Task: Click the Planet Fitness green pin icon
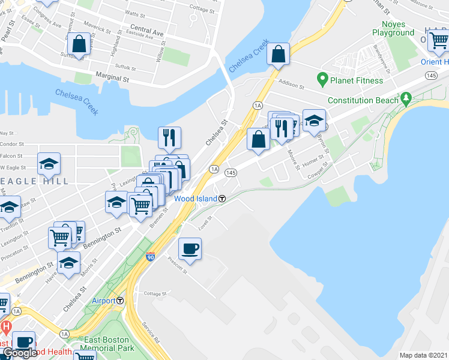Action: coord(322,80)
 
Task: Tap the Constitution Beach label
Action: coord(361,100)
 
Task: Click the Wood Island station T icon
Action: coord(222,199)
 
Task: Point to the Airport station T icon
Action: coord(120,301)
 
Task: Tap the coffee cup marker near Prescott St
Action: coord(190,249)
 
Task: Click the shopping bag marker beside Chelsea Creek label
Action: coord(279,55)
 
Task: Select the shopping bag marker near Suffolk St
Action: coord(79,44)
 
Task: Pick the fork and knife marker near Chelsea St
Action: coord(170,137)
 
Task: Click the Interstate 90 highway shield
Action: coord(150,256)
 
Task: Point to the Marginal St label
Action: coord(112,78)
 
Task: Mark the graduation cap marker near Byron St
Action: coord(314,120)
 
